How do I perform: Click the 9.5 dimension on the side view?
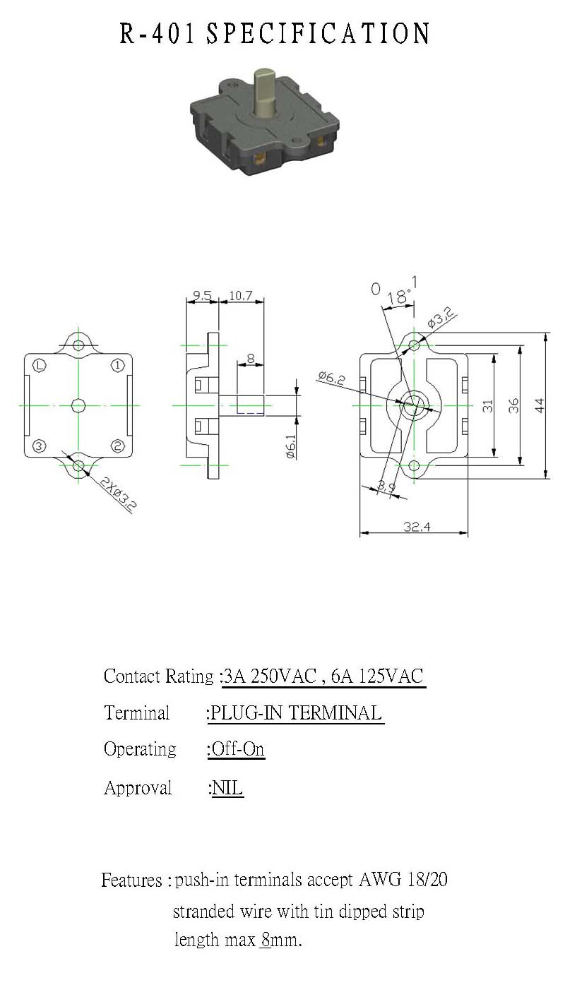202,295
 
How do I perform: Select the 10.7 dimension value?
241,295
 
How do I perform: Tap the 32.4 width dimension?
417,526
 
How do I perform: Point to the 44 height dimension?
540,405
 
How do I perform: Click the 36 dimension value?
513,405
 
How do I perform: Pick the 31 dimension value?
487,405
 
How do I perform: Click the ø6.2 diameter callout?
332,378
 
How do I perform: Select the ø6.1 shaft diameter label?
291,447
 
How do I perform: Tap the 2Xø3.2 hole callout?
118,495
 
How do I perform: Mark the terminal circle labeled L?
40,366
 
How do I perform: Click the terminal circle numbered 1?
117,366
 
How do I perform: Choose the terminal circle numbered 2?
117,446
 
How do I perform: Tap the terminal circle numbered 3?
39,446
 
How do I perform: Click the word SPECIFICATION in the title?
318,34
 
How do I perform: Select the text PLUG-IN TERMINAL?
296,712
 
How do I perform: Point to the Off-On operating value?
237,749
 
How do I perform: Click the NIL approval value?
227,787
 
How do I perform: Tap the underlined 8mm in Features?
280,940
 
